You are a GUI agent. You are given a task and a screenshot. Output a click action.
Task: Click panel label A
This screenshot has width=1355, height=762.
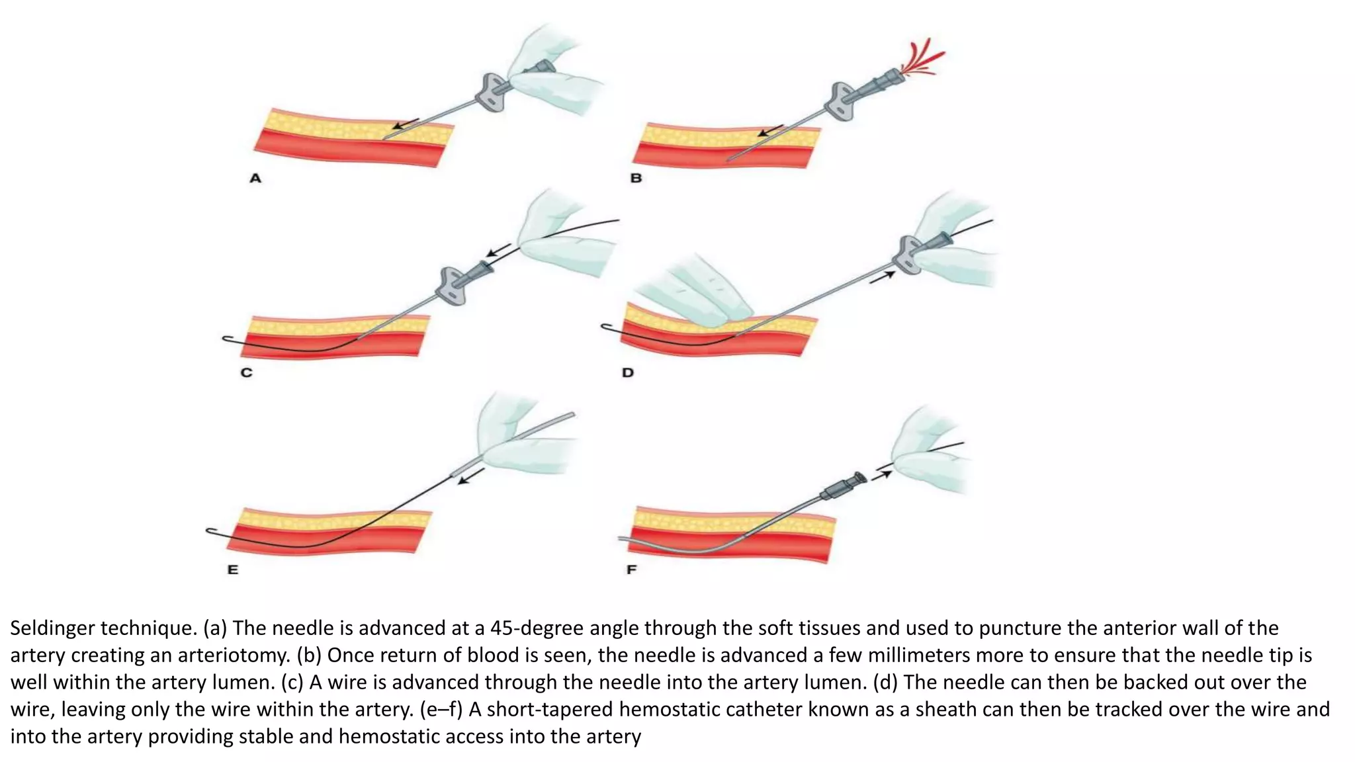[x=255, y=178]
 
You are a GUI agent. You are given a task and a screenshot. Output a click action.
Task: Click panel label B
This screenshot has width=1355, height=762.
[x=636, y=178]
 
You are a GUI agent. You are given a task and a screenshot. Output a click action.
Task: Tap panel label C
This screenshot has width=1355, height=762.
[x=246, y=372]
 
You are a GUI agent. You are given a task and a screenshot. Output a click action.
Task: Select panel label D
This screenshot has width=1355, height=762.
[x=627, y=372]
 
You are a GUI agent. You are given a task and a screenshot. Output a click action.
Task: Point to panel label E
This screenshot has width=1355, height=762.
[x=233, y=570]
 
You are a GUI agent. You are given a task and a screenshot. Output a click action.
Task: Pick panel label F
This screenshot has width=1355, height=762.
[x=631, y=570]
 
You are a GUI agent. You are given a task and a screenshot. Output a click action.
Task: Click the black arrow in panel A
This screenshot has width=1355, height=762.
[x=405, y=124]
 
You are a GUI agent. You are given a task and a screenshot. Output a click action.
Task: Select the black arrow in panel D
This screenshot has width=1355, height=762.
[x=882, y=278]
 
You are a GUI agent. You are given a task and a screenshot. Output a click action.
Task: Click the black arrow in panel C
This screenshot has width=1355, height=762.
[x=498, y=251]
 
